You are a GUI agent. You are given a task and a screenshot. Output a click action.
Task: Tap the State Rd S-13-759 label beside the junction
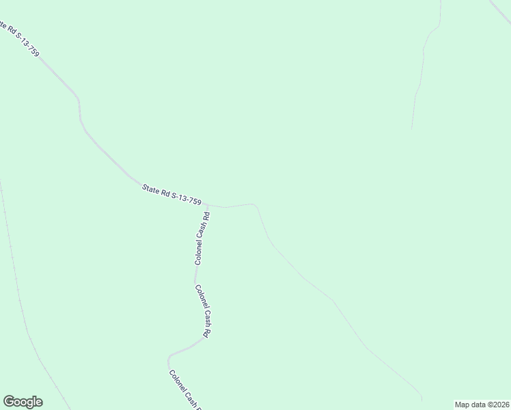pyautogui.click(x=171, y=192)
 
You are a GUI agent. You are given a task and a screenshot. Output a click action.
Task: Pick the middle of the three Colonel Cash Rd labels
pyautogui.click(x=202, y=311)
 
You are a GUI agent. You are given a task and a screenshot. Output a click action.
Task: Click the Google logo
pyautogui.click(x=23, y=402)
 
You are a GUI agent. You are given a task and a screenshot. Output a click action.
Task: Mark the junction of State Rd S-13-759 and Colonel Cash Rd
pyautogui.click(x=206, y=204)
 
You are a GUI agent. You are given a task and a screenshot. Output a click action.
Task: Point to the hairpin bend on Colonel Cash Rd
pyautogui.click(x=169, y=357)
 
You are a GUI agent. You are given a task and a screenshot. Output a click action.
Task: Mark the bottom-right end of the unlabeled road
pyautogui.click(x=422, y=400)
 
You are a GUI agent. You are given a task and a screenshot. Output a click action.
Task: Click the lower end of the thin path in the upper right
pyautogui.click(x=411, y=128)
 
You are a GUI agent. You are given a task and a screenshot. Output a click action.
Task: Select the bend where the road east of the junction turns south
pyautogui.click(x=256, y=204)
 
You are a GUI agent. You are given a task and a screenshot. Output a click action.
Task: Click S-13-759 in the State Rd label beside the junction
pyautogui.click(x=185, y=197)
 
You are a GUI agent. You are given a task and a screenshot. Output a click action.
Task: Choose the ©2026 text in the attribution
pyautogui.click(x=496, y=404)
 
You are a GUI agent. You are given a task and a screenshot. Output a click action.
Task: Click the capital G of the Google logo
pyautogui.click(x=9, y=402)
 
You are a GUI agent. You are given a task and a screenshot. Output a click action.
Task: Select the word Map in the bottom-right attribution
pyautogui.click(x=462, y=404)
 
